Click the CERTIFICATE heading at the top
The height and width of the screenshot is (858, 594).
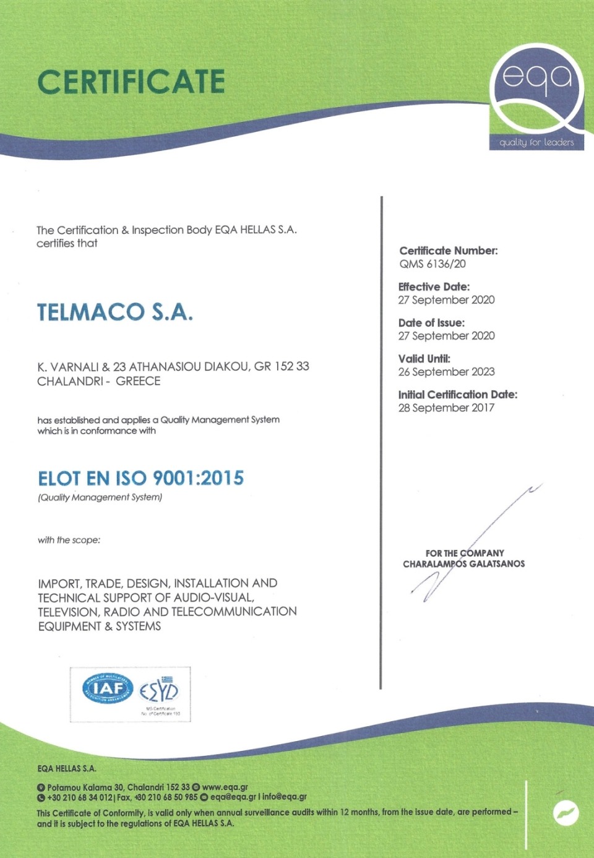click(x=131, y=82)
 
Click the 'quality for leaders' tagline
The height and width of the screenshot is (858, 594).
click(x=536, y=142)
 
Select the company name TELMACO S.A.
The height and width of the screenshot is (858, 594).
click(x=115, y=312)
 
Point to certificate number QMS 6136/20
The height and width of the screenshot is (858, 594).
click(x=433, y=264)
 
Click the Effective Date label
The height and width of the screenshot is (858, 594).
click(x=434, y=286)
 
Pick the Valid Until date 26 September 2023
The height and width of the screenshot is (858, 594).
click(x=446, y=372)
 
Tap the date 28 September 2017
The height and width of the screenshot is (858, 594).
click(x=446, y=408)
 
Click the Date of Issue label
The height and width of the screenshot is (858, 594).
click(x=431, y=322)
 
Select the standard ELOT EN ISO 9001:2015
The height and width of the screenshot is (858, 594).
click(x=141, y=478)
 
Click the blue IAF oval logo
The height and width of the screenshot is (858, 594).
click(x=108, y=689)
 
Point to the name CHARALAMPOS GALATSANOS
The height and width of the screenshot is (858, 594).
click(x=464, y=564)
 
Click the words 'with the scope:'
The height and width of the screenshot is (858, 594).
click(x=69, y=540)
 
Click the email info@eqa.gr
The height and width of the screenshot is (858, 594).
click(x=285, y=797)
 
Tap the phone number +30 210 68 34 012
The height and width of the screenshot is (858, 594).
click(x=80, y=797)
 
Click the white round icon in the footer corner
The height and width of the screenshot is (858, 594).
click(x=566, y=813)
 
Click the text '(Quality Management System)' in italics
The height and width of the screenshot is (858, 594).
click(x=100, y=497)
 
